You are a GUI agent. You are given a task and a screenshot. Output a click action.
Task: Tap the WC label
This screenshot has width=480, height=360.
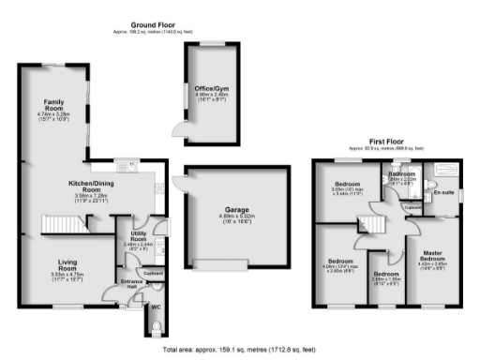coord(156,306)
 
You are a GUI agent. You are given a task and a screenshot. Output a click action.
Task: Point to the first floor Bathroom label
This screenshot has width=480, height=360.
coord(403,174)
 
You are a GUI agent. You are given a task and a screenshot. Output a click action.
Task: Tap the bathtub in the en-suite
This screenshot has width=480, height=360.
coord(440,172)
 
